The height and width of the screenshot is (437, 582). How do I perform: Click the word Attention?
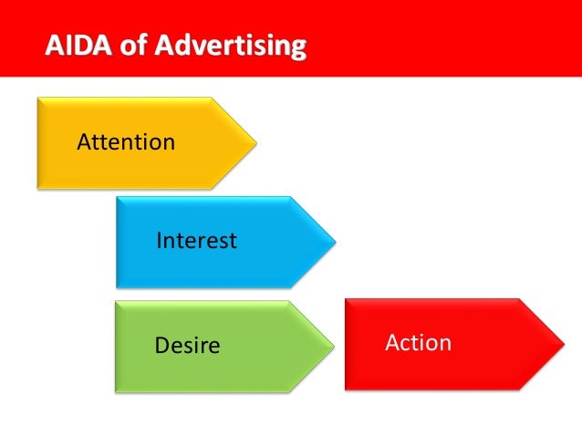pyautogui.click(x=126, y=142)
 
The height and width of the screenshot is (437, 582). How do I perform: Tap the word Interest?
pyautogui.click(x=196, y=241)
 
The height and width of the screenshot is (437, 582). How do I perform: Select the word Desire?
pyautogui.click(x=188, y=346)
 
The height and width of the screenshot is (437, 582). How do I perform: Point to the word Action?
pyautogui.click(x=418, y=343)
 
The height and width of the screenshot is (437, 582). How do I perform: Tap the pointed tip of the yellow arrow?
pyautogui.click(x=255, y=143)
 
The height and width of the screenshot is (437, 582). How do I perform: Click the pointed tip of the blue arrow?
pyautogui.click(x=335, y=242)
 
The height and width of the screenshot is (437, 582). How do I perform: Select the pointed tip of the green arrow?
pyautogui.click(x=333, y=346)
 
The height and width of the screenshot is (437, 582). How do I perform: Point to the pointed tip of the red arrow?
pyautogui.click(x=564, y=344)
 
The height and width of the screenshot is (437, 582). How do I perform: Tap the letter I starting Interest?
pyautogui.click(x=160, y=241)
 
